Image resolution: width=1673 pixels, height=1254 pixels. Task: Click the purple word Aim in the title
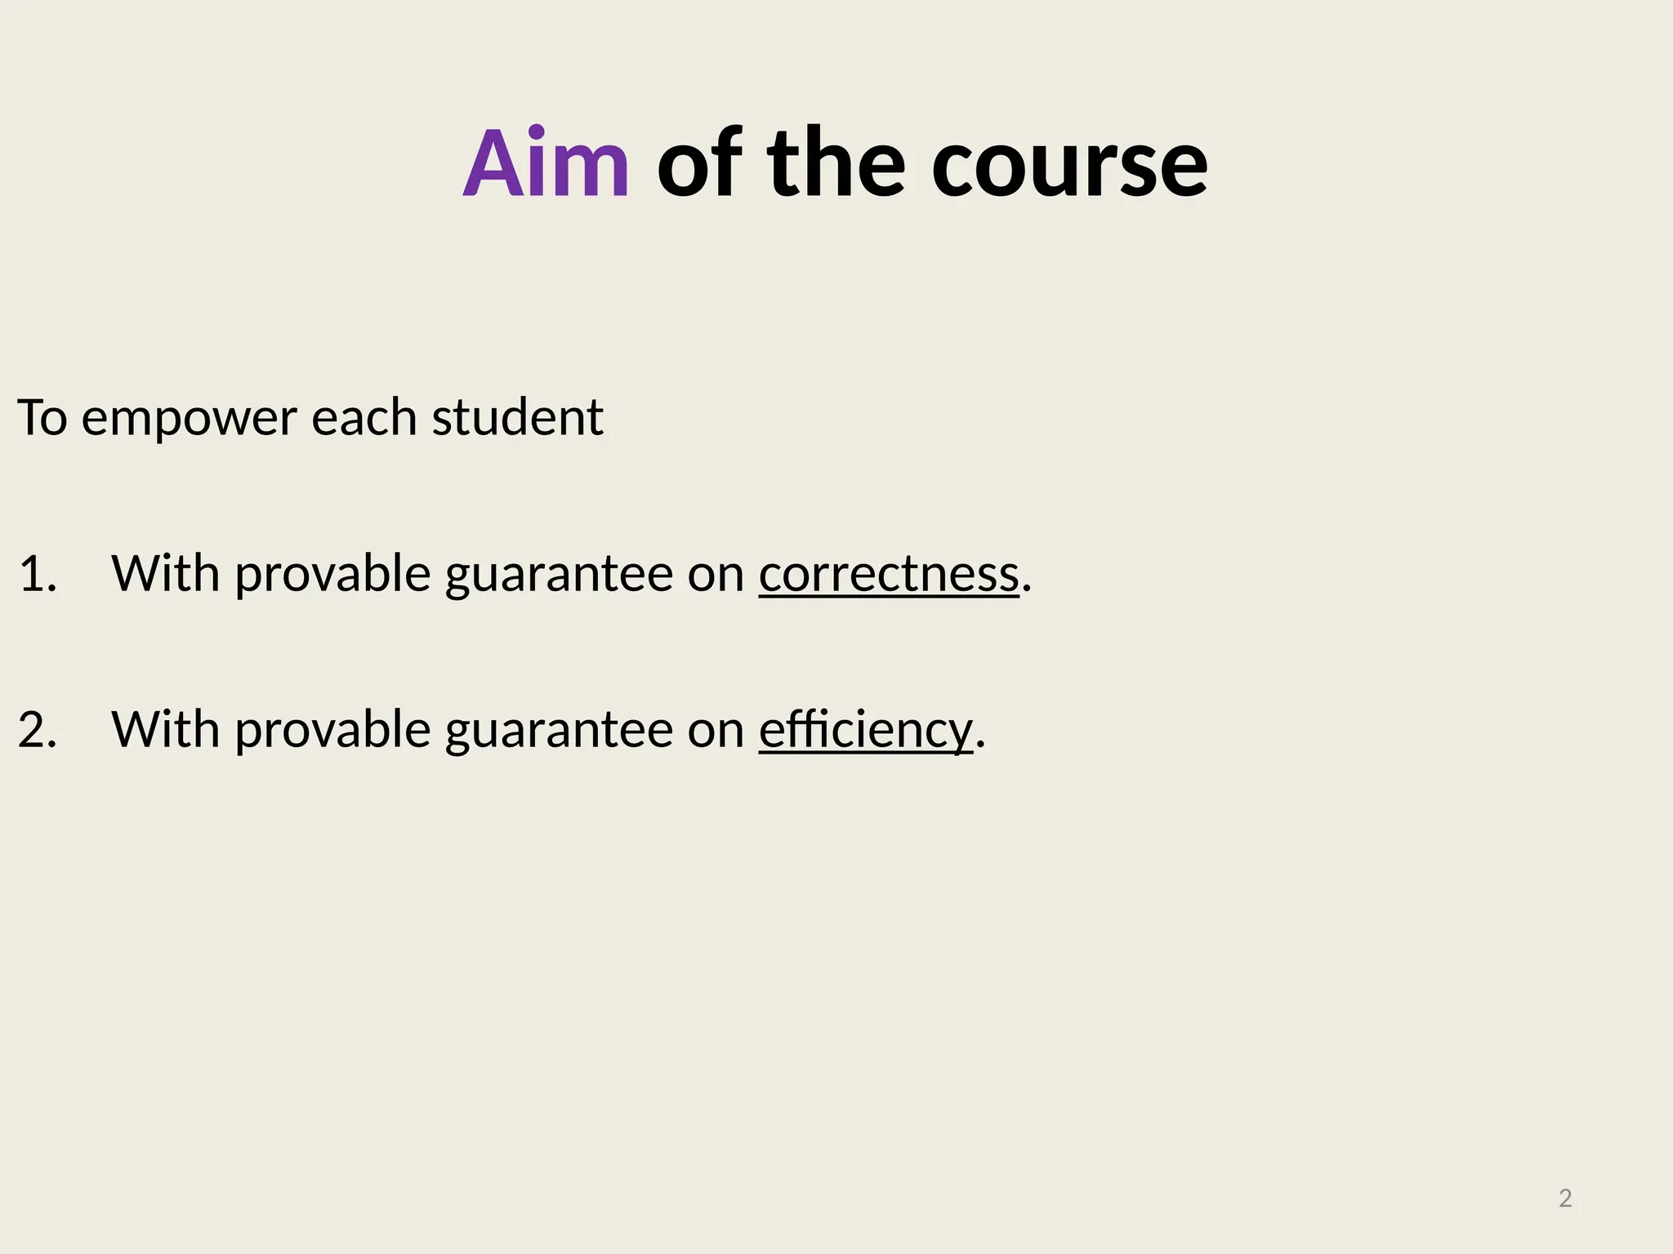[x=546, y=164]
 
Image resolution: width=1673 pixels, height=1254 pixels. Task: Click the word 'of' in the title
[x=699, y=164]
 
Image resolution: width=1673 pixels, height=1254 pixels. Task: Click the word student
[x=517, y=418]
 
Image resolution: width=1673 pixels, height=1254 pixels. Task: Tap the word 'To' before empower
[x=42, y=418]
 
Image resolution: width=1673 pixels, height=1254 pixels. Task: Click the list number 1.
[x=37, y=573]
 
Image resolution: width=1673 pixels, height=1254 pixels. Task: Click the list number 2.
[x=37, y=729]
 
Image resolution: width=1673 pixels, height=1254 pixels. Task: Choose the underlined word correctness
[x=889, y=573]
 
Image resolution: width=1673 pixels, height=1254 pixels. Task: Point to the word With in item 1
[x=165, y=573]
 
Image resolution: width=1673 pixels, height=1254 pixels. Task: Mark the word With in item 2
[x=165, y=729]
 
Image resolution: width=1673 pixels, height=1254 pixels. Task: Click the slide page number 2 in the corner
[x=1565, y=1198]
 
